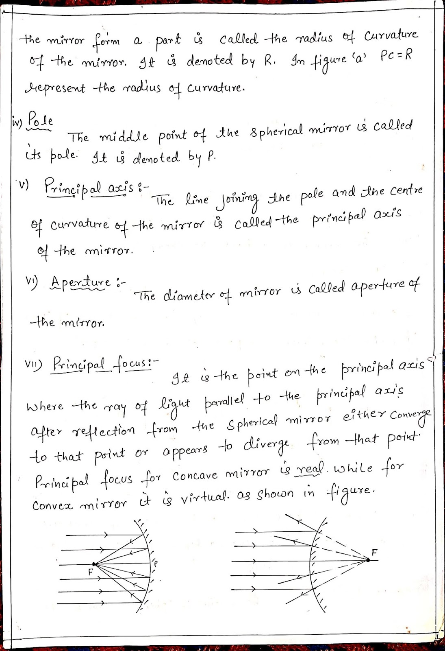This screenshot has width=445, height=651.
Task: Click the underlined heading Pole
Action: point(40,121)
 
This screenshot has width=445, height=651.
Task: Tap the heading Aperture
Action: point(80,282)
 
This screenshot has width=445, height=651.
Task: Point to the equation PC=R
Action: point(397,56)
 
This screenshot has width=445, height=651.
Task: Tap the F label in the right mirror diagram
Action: point(374,552)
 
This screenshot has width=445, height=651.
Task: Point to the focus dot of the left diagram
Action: point(94,564)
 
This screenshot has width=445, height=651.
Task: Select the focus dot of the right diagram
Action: point(368,560)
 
